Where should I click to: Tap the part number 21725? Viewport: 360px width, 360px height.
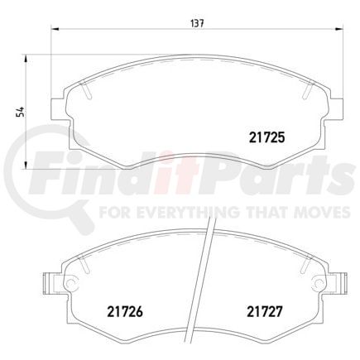[x=266, y=140]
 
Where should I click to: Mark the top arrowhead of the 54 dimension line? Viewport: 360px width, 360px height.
[x=31, y=55]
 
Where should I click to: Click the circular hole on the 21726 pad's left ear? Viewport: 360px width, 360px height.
[x=70, y=285]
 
